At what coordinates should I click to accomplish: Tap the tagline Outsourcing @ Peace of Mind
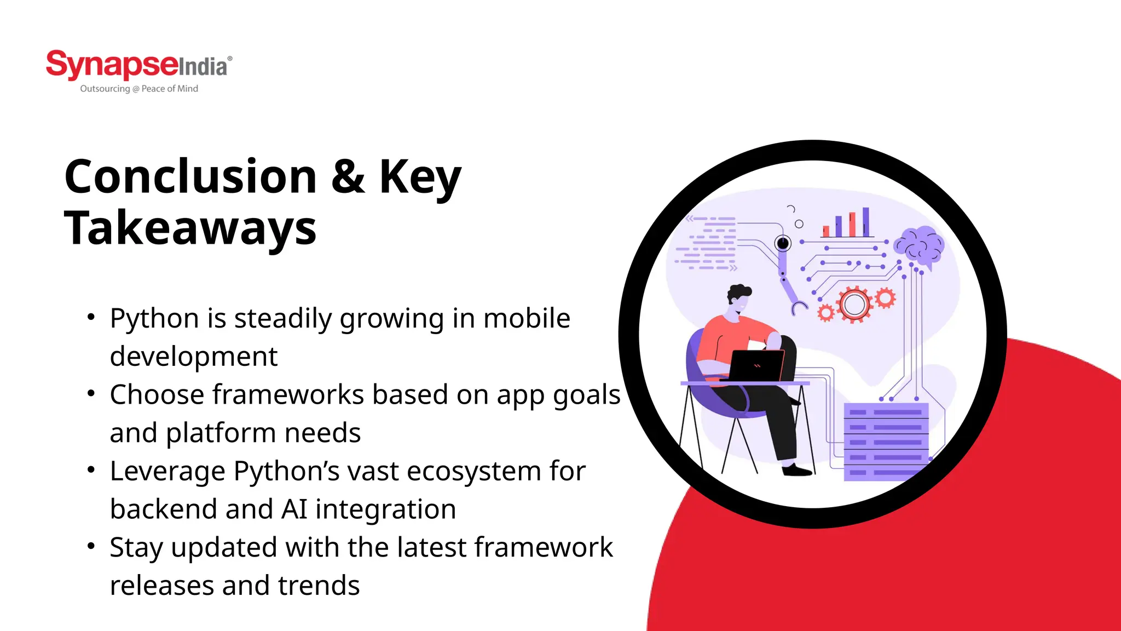pyautogui.click(x=139, y=89)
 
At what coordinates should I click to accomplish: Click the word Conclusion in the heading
pyautogui.click(x=190, y=176)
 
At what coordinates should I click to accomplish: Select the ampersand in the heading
pyautogui.click(x=348, y=176)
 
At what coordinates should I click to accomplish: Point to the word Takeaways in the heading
pyautogui.click(x=190, y=228)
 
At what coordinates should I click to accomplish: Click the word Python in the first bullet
pyautogui.click(x=154, y=318)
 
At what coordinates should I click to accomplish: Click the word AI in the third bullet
pyautogui.click(x=294, y=509)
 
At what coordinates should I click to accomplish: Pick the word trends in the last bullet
pyautogui.click(x=319, y=586)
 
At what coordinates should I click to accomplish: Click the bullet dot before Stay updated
pyautogui.click(x=91, y=546)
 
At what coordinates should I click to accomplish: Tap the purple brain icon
pyautogui.click(x=919, y=245)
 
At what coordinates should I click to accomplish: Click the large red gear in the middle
pyautogui.click(x=854, y=305)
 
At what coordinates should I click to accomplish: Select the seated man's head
pyautogui.click(x=739, y=300)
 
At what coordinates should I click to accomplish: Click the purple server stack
pyautogui.click(x=886, y=441)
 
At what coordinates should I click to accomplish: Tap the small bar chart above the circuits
pyautogui.click(x=847, y=223)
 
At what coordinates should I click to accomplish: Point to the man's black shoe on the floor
pyautogui.click(x=797, y=470)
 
